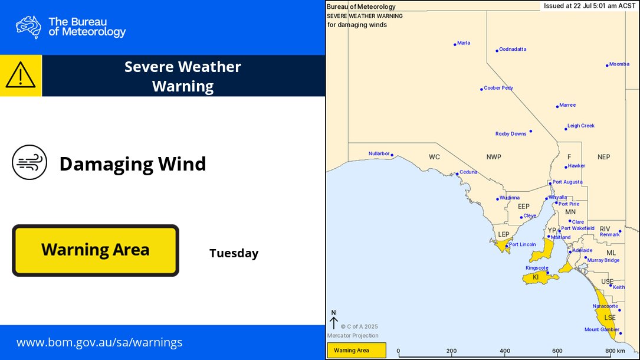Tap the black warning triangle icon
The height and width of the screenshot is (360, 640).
[x=21, y=76]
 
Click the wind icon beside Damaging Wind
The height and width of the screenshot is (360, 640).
[x=29, y=163]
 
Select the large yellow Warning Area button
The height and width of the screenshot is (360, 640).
[x=96, y=250]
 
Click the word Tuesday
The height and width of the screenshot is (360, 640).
[x=234, y=253]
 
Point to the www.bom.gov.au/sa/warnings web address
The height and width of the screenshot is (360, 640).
[x=99, y=342]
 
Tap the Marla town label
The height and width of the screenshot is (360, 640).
[x=463, y=43]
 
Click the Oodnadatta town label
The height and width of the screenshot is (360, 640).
[x=512, y=50]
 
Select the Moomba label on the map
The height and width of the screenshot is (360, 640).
[x=619, y=64]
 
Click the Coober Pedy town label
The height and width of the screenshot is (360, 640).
[x=498, y=88]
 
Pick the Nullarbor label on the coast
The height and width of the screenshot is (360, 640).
[x=379, y=153]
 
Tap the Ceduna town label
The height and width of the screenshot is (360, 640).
[x=468, y=172]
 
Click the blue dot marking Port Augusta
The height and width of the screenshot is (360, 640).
[x=550, y=184]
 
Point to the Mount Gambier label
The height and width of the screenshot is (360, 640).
[x=602, y=330]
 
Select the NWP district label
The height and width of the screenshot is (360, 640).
[x=494, y=157]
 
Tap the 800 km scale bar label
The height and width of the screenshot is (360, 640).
[x=616, y=351]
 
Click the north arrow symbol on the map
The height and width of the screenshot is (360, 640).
[x=333, y=320]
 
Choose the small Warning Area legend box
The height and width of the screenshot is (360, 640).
[x=356, y=351]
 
